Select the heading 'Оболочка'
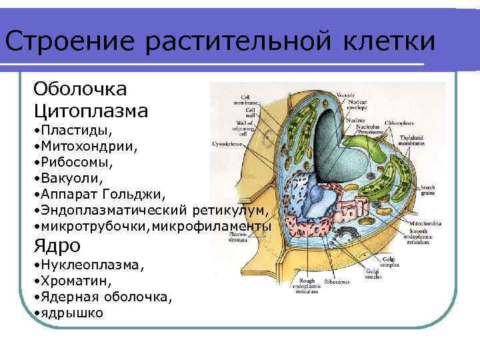(x=81, y=89)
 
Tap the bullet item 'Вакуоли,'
(x=73, y=177)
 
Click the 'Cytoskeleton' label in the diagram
(x=237, y=143)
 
